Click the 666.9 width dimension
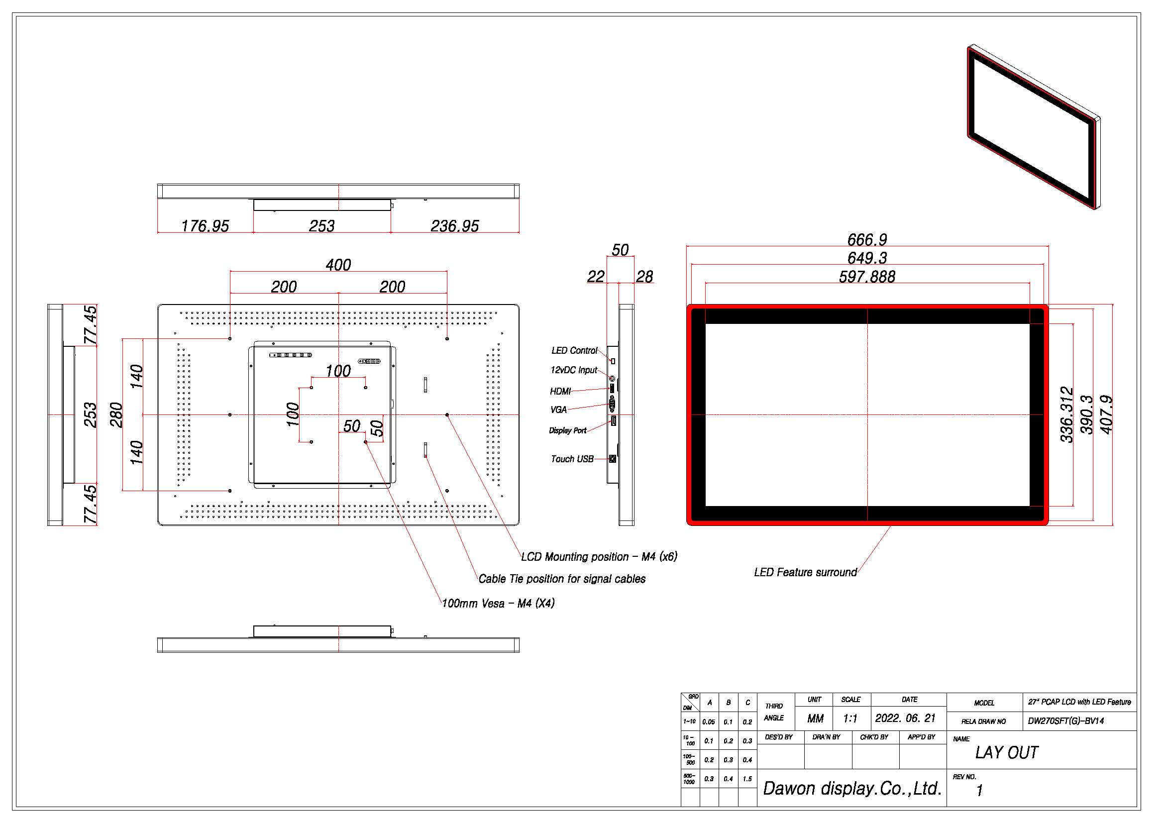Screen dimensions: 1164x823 coord(867,239)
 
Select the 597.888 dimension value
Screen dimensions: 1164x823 coord(867,277)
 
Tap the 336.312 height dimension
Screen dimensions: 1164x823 coord(1067,414)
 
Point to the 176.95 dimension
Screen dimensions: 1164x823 coord(206,226)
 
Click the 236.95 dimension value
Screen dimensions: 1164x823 coord(455,226)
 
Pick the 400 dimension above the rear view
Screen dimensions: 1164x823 coord(338,265)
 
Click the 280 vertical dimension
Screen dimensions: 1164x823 coord(116,414)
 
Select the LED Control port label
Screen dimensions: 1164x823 coord(574,350)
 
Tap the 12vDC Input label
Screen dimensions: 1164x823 coord(574,370)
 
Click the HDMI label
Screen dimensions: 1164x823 coord(560,391)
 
